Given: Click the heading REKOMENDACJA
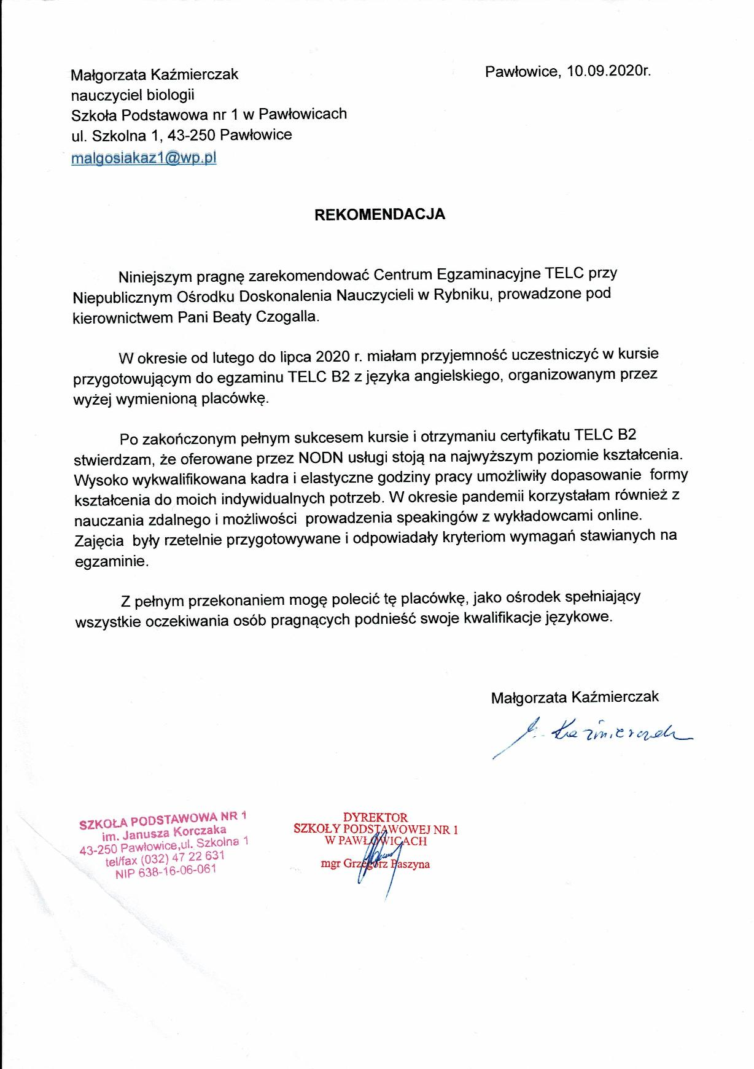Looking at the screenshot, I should (379, 214).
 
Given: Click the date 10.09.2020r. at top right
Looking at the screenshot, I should (608, 71).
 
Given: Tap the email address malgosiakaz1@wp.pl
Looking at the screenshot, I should (144, 158).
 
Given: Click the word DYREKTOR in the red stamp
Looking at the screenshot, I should (375, 817).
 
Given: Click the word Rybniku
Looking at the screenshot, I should (462, 295).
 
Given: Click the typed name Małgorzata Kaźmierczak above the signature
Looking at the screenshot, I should (575, 696).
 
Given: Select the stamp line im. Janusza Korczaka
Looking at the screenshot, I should (164, 834).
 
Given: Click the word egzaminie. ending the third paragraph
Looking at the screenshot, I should (111, 561).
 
